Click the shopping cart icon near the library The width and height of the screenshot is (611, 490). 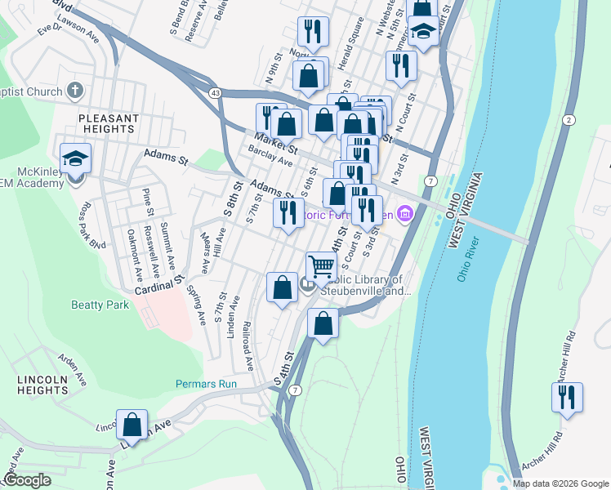pyautogui.click(x=322, y=266)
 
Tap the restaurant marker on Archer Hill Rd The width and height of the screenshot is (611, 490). pyautogui.click(x=567, y=397)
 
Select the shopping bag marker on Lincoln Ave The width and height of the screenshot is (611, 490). pyautogui.click(x=132, y=425)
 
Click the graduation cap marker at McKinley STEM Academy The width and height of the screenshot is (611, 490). pyautogui.click(x=75, y=158)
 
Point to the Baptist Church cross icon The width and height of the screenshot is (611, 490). pyautogui.click(x=74, y=91)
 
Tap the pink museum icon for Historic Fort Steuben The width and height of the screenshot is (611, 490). pyautogui.click(x=406, y=215)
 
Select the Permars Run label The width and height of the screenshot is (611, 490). pyautogui.click(x=206, y=384)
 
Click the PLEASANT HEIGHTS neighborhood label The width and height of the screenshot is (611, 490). pyautogui.click(x=107, y=123)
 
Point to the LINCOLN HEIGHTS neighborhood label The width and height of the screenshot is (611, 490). pyautogui.click(x=42, y=385)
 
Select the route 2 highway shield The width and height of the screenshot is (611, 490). pyautogui.click(x=567, y=120)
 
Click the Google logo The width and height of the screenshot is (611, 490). pyautogui.click(x=27, y=480)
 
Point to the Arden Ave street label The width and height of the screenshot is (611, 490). pyautogui.click(x=71, y=368)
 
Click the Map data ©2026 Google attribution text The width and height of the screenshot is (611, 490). pyautogui.click(x=560, y=483)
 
